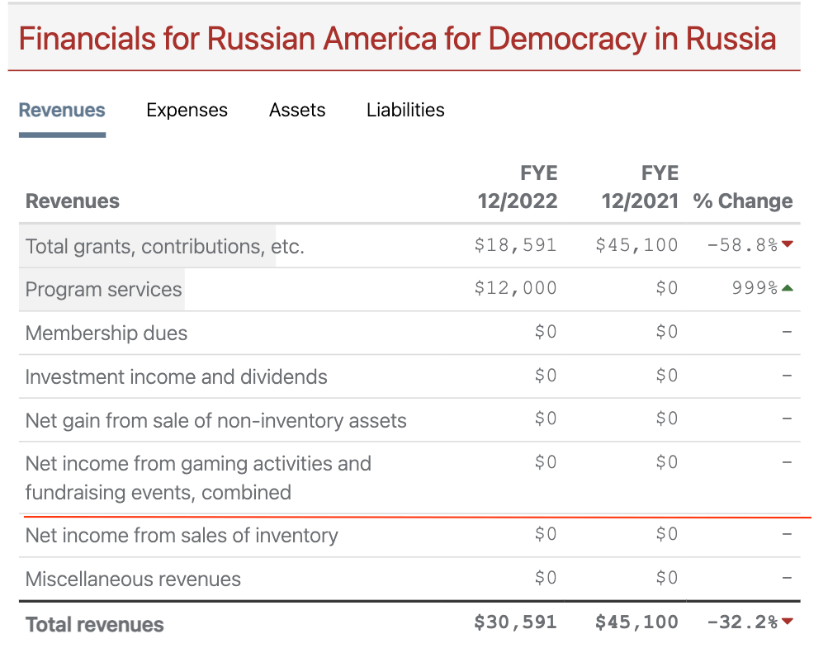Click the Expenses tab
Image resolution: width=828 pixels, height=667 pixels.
coord(187,110)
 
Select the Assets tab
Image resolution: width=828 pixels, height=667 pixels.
coord(297,110)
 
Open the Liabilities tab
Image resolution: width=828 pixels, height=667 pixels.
coord(405,110)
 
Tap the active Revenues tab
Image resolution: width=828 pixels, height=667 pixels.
coord(62,110)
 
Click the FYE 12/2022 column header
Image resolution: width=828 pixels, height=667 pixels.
coord(518,187)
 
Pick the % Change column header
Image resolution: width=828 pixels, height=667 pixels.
coord(743,201)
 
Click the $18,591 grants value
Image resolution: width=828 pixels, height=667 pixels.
coord(516,245)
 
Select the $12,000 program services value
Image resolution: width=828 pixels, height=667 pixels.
coord(516,288)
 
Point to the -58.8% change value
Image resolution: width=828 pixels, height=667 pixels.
coord(741,245)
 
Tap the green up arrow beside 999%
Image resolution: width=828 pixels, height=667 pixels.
coord(788,288)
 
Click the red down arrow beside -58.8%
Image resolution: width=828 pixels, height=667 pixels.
coord(788,244)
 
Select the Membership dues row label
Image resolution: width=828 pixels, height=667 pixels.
coord(106,333)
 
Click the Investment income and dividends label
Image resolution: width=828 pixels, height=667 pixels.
coord(176,376)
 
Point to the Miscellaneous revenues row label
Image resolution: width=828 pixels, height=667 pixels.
coord(133,579)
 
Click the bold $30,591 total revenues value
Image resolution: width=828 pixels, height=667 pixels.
coord(516,622)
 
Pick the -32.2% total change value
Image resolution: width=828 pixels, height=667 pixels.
coord(741,622)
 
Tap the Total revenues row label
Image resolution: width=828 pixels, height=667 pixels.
coord(95,624)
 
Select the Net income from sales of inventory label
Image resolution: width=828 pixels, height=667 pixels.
coord(182,535)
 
